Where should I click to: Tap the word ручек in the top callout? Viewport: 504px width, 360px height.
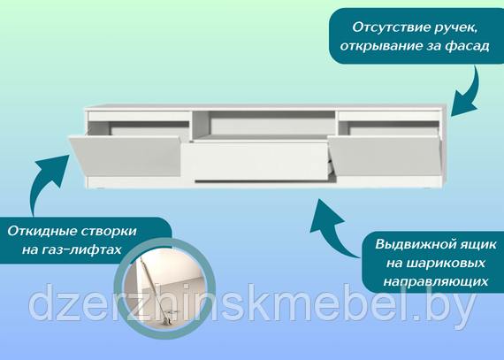(x=455, y=28)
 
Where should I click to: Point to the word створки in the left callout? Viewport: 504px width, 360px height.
(x=109, y=232)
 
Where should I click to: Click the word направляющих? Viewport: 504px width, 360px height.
(x=436, y=282)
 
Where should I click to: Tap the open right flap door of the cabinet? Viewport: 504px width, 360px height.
(x=386, y=156)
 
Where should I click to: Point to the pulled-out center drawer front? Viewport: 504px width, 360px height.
(x=255, y=161)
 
